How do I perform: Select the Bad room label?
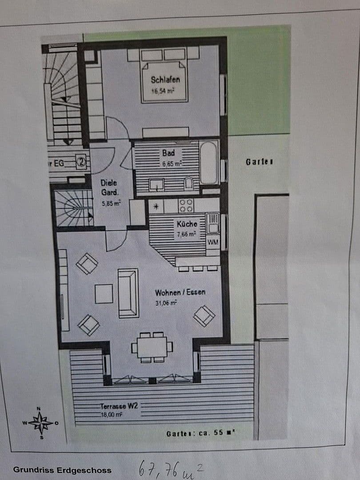click(x=168, y=153)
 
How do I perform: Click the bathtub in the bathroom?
click(x=208, y=162)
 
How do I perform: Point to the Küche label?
click(x=186, y=224)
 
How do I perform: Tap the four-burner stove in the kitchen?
click(x=186, y=205)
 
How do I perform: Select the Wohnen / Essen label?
click(x=180, y=293)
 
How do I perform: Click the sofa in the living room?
click(x=128, y=293)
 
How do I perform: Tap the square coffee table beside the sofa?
click(x=104, y=294)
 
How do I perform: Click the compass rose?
click(x=40, y=423)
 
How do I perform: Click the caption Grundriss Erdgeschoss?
click(x=62, y=470)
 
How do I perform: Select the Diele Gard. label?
click(x=109, y=188)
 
